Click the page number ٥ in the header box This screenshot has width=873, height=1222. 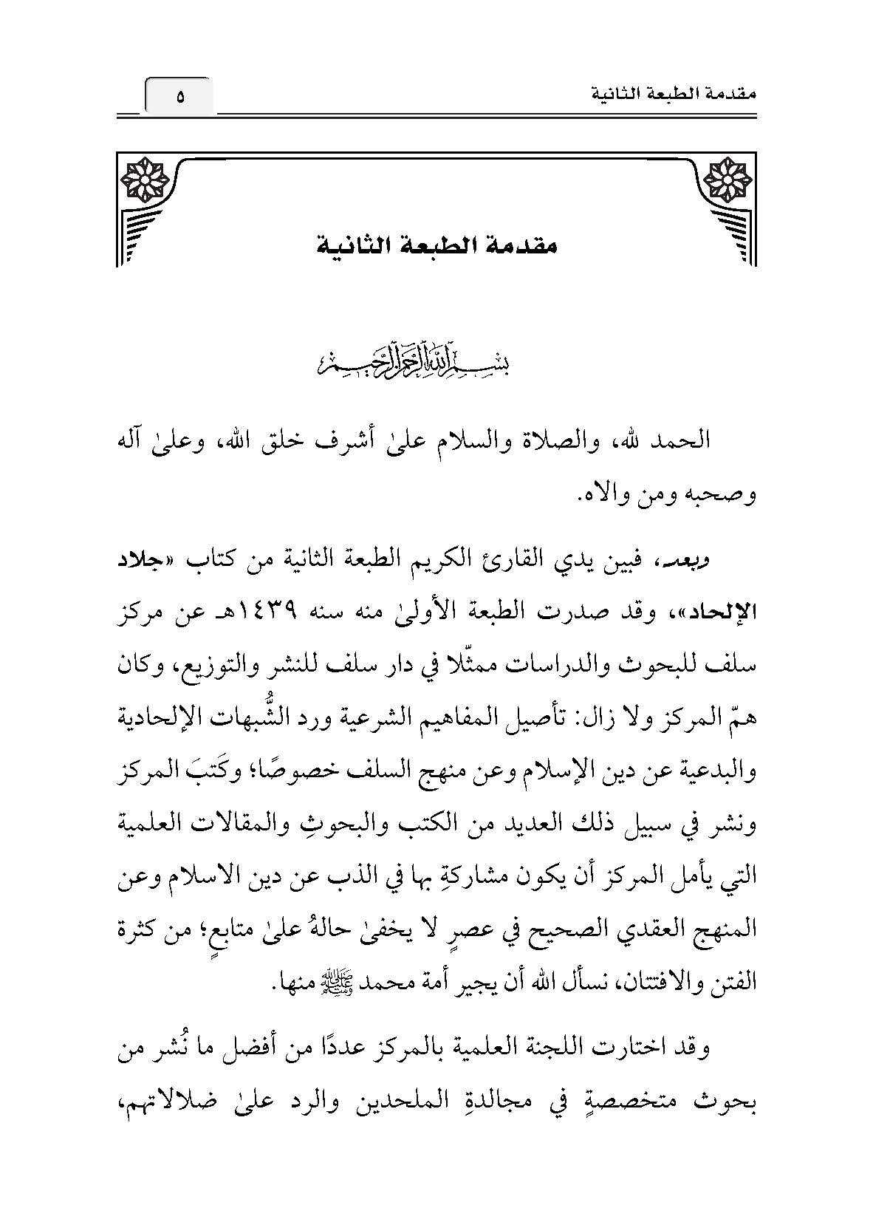pyautogui.click(x=179, y=97)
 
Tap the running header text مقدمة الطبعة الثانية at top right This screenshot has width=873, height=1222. pyautogui.click(x=679, y=95)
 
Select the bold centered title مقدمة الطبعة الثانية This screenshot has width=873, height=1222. pyautogui.click(x=437, y=245)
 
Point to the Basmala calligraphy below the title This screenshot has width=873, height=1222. pyautogui.click(x=437, y=362)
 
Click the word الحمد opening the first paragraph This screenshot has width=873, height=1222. pyautogui.click(x=680, y=441)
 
